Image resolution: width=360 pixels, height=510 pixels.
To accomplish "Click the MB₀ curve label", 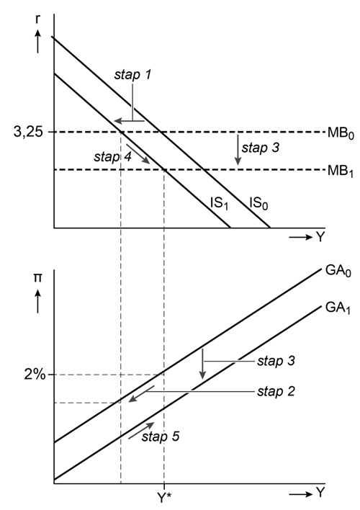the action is point(341,133).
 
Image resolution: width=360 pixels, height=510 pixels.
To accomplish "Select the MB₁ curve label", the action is point(341,171).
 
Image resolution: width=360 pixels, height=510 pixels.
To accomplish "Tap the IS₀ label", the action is point(258,203).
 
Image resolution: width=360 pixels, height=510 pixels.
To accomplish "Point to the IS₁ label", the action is point(220,203).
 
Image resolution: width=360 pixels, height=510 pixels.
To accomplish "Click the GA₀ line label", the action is point(338,271).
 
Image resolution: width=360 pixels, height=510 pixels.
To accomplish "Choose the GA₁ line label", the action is point(338,308).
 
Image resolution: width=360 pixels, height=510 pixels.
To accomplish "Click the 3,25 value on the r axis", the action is point(28,132).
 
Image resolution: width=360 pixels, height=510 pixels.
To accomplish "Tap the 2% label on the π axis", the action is point(35,375).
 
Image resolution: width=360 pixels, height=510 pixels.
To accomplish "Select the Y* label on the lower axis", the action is point(164,497).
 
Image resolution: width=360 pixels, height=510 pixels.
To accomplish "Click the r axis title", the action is point(38,19).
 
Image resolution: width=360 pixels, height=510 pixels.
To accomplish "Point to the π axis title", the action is point(38,279).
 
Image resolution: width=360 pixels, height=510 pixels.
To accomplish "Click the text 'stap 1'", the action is point(132,75).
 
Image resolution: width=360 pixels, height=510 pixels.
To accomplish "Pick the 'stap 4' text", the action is point(113,157).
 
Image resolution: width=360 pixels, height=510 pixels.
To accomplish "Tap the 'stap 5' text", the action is point(161,437).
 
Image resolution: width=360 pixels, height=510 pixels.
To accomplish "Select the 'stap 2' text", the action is point(276,391).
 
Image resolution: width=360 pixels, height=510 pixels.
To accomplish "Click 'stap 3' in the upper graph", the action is point(260,148).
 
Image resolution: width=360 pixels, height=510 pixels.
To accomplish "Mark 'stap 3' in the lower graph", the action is point(276,361).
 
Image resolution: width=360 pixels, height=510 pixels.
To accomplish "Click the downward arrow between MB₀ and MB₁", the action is point(238,150).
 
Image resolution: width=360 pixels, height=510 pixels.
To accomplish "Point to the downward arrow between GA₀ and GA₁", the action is point(203,364).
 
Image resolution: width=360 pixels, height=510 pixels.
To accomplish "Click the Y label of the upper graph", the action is point(320,237).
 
